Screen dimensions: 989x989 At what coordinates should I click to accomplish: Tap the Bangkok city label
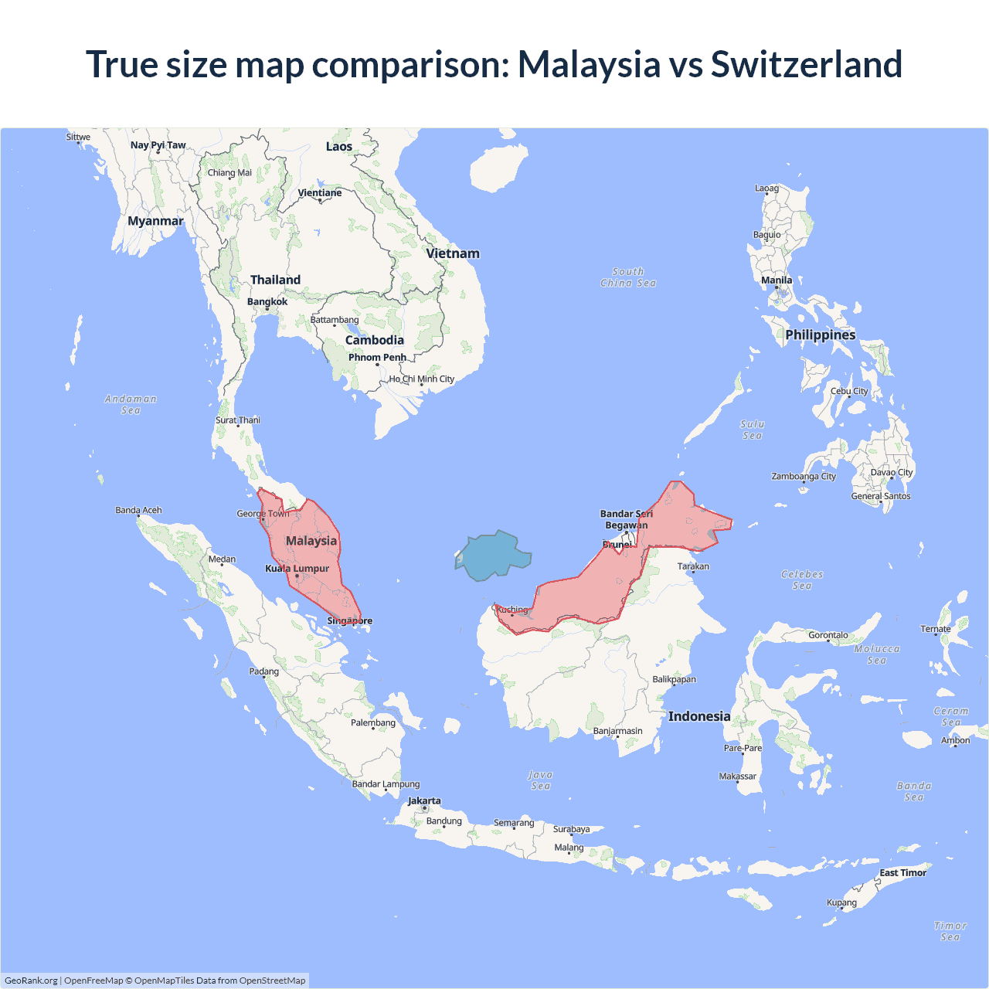coord(267,301)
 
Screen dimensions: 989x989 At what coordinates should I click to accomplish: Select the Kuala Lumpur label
coord(297,569)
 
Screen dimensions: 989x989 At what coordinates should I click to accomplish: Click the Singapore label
coord(349,620)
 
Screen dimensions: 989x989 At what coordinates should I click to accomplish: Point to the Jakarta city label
coord(424,801)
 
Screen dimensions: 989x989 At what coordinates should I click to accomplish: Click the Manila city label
coord(777,280)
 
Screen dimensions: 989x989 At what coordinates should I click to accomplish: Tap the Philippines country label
coord(821,335)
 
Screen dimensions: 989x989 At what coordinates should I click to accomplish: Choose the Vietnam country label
coord(453,253)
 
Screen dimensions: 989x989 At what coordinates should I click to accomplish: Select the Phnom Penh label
coord(377,357)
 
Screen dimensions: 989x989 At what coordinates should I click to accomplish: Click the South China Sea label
coord(628,277)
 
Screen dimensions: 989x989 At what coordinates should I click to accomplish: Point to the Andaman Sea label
coord(131,404)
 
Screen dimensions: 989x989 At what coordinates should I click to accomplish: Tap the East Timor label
coord(902,872)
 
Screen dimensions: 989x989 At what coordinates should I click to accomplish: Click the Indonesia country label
coord(699,716)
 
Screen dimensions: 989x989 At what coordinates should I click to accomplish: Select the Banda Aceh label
coord(139,510)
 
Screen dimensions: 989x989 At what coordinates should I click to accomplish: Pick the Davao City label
coord(892,472)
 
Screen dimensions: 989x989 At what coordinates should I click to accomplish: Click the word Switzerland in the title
coord(807,64)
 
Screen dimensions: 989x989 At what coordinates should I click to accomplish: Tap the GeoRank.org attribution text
coord(31,981)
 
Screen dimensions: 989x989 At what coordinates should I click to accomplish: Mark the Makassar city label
coord(738,777)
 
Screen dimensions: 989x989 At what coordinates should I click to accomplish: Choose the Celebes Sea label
coord(802,579)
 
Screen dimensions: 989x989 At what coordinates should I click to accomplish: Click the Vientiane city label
coord(320,193)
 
